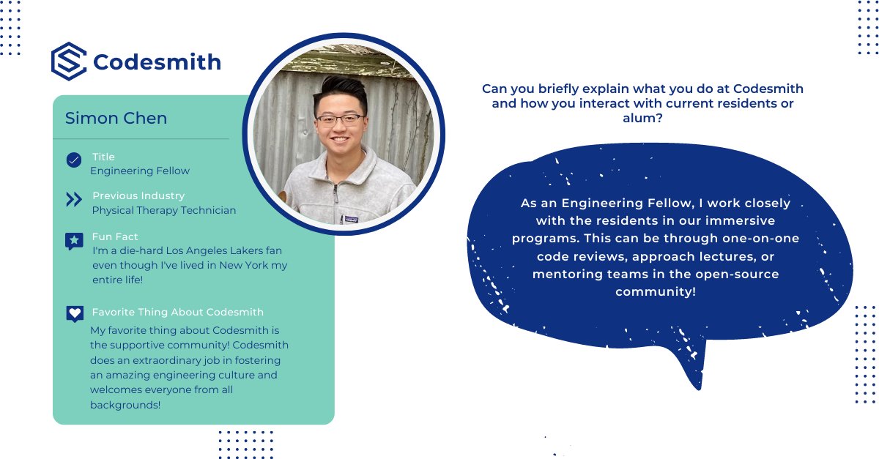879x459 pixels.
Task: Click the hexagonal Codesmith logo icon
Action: tap(69, 61)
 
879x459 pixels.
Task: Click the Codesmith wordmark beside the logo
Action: tap(157, 62)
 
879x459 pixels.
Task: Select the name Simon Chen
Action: tap(116, 119)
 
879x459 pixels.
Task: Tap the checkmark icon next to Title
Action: tap(74, 160)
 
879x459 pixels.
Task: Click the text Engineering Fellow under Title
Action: tap(140, 171)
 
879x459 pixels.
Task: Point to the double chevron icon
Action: tap(74, 200)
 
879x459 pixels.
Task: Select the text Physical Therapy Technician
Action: tap(164, 210)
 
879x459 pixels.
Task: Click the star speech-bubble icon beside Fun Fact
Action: tap(74, 241)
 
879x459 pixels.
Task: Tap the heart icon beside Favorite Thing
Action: tap(74, 314)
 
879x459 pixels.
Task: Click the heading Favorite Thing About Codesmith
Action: tap(178, 312)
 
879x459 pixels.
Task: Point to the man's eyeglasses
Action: tap(339, 119)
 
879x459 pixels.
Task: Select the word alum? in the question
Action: tap(642, 118)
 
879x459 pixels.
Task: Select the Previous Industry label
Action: tap(138, 195)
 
